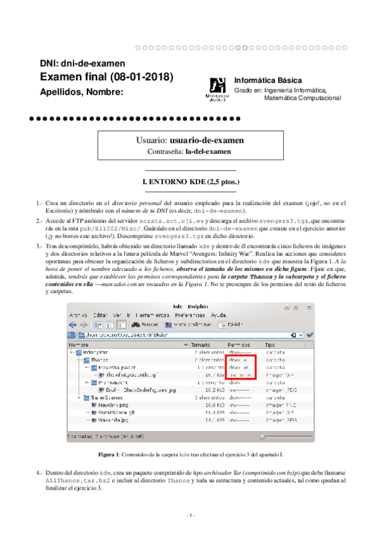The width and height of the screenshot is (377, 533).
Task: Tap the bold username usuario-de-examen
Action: (x=207, y=140)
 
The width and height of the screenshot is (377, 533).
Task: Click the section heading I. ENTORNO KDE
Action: (x=191, y=182)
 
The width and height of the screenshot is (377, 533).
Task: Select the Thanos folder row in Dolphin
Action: (x=99, y=360)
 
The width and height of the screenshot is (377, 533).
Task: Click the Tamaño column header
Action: (x=201, y=345)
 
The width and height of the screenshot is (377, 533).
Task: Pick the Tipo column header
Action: (x=270, y=345)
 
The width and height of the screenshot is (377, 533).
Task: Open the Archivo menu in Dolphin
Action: (x=78, y=314)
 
